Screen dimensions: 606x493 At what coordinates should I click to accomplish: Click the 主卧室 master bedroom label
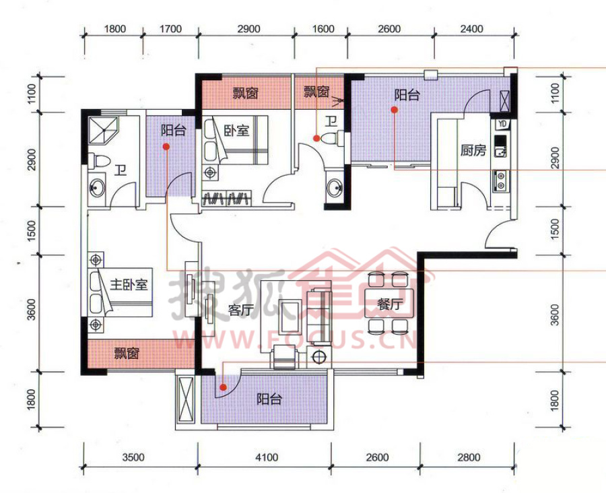(x=129, y=285)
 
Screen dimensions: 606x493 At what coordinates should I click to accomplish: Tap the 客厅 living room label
(x=241, y=309)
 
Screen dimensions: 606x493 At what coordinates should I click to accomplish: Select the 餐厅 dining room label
(x=389, y=304)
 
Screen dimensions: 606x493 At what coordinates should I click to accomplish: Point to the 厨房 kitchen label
(x=473, y=150)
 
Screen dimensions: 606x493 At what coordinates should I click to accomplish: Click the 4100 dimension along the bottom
(x=267, y=457)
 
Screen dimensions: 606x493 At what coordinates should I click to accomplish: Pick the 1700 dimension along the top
(x=170, y=29)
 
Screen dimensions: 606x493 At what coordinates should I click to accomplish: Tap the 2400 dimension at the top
(x=472, y=29)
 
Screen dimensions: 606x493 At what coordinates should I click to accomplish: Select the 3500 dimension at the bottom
(x=133, y=457)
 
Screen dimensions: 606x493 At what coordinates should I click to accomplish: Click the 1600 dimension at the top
(x=323, y=29)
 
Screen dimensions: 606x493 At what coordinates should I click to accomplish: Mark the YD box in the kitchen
(x=502, y=124)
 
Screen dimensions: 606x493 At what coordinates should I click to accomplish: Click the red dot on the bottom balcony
(x=223, y=387)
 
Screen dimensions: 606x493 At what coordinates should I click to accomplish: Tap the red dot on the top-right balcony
(x=394, y=110)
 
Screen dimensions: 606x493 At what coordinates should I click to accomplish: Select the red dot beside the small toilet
(x=316, y=138)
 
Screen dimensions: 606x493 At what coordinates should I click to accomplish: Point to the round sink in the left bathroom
(x=96, y=188)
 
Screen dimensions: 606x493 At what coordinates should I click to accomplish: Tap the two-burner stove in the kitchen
(x=500, y=181)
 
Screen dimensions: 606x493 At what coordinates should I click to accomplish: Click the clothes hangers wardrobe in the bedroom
(x=226, y=198)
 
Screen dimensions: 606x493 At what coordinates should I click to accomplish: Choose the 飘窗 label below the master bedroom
(x=127, y=353)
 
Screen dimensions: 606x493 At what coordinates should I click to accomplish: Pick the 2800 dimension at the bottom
(x=469, y=457)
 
